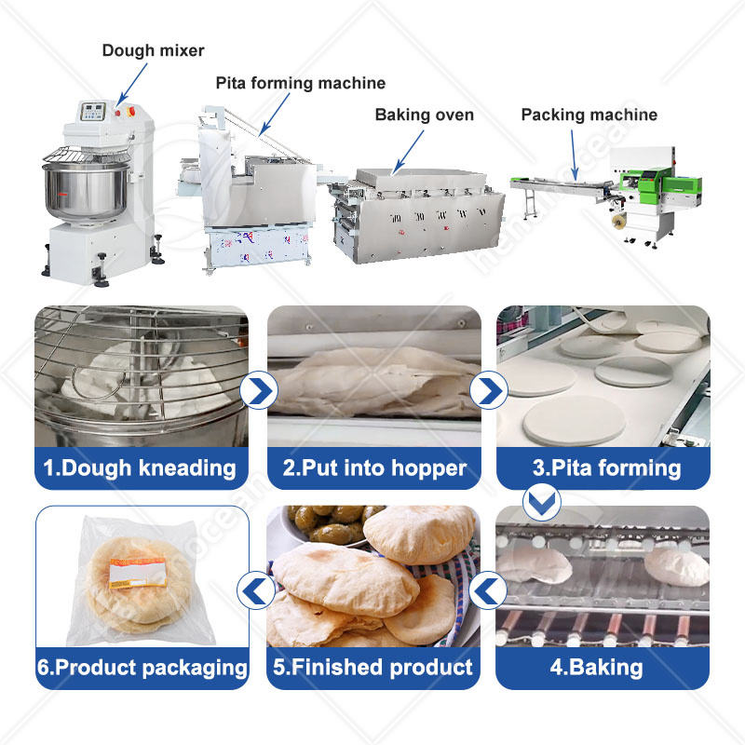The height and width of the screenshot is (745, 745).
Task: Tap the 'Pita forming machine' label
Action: tap(300, 84)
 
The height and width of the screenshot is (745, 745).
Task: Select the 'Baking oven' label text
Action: tap(424, 115)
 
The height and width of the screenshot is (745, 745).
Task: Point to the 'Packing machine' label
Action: tap(589, 115)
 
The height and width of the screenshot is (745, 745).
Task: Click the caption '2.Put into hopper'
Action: tap(373, 467)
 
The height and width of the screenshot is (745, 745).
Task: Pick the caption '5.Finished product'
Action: tap(373, 667)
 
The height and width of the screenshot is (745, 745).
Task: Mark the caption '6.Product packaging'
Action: tap(142, 667)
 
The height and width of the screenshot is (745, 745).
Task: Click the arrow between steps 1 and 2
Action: tap(257, 390)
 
